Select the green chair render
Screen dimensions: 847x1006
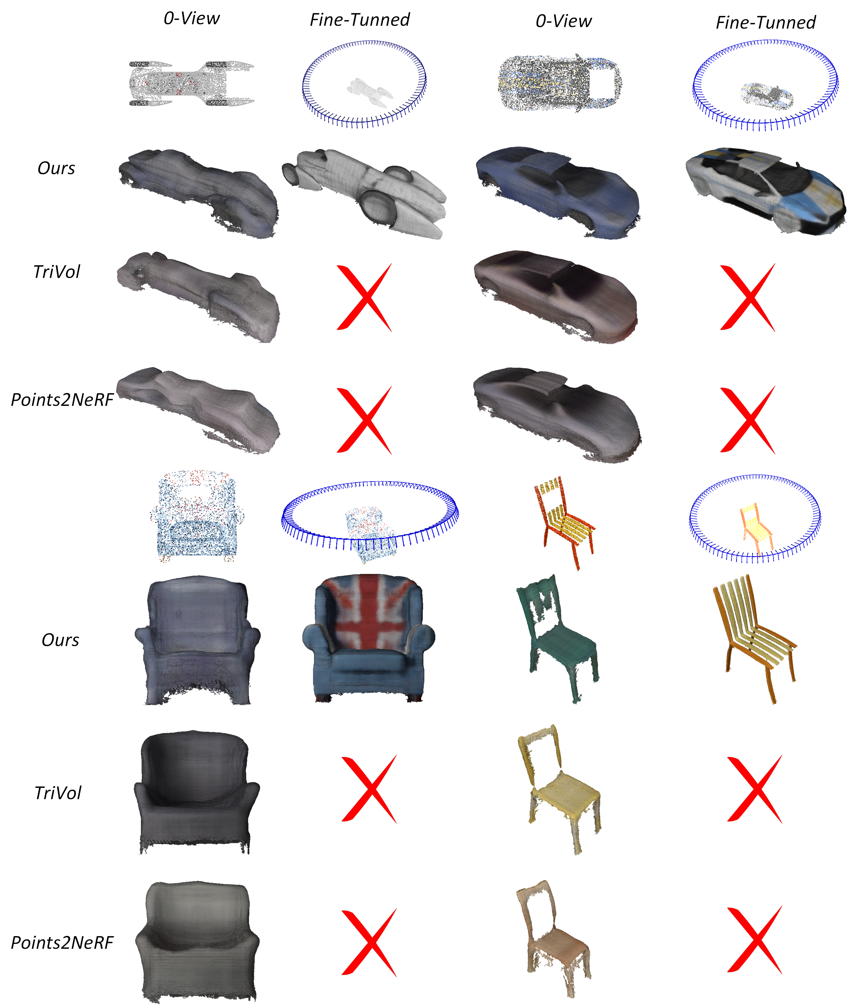[x=557, y=638]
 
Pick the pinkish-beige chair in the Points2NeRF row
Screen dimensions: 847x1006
[x=553, y=941]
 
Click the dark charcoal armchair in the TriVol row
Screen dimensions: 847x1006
[x=196, y=794]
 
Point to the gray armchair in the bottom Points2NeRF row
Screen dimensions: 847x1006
[x=197, y=942]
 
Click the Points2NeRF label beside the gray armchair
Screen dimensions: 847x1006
[x=62, y=942]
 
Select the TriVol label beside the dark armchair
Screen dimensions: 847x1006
[x=58, y=793]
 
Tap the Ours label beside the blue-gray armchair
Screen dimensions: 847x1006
[x=60, y=640]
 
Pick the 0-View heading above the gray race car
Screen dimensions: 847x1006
[x=191, y=18]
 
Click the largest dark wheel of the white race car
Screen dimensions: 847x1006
[x=378, y=207]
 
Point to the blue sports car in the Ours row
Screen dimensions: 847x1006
[x=558, y=192]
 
